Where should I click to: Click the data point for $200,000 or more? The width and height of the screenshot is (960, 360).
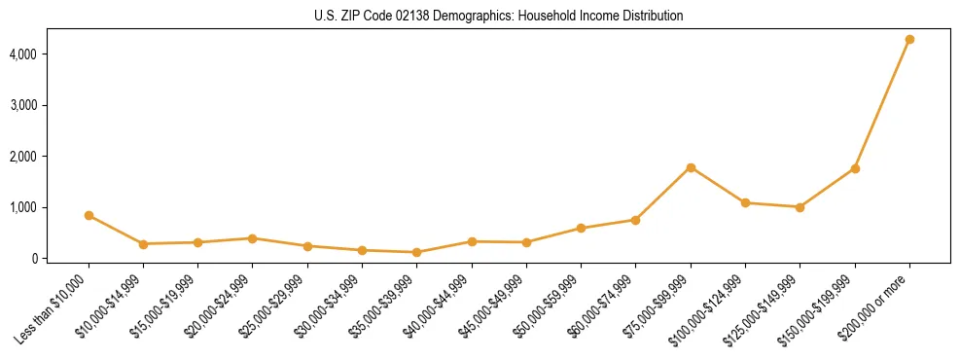[x=909, y=39]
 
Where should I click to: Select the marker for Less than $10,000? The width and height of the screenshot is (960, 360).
[x=89, y=215]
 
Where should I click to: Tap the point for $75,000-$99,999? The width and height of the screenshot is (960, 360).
[x=691, y=167]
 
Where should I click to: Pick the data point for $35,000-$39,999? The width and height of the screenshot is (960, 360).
[x=417, y=252]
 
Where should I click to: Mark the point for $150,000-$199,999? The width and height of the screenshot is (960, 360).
[x=855, y=168]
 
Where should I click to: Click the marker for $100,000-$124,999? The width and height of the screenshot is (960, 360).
[x=745, y=202]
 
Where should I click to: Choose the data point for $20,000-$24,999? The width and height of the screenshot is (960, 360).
[x=253, y=238]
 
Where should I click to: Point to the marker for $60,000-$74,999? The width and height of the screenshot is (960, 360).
[x=636, y=220]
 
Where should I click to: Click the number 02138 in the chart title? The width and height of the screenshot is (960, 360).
[x=412, y=17]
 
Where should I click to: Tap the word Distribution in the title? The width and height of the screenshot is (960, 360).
[x=653, y=17]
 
